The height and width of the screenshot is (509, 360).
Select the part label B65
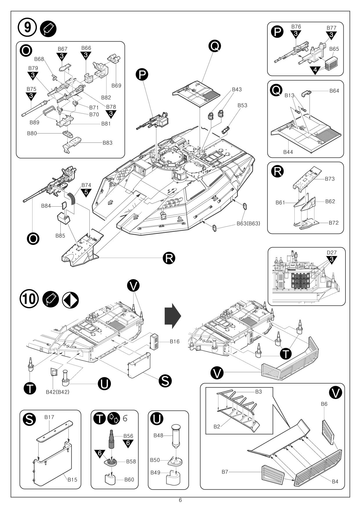pyautogui.click(x=334, y=49)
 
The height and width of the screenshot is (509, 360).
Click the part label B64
pyautogui.click(x=334, y=91)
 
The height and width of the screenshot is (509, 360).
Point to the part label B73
pyautogui.click(x=330, y=179)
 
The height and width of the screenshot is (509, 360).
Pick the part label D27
pyautogui.click(x=331, y=253)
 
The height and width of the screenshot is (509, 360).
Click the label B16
pyautogui.click(x=175, y=342)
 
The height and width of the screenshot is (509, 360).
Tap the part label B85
pyautogui.click(x=60, y=236)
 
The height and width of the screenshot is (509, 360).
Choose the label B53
pyautogui.click(x=242, y=105)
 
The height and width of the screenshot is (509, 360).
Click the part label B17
pyautogui.click(x=49, y=417)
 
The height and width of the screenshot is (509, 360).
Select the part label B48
pyautogui.click(x=159, y=435)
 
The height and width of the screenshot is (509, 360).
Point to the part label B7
pyautogui.click(x=225, y=472)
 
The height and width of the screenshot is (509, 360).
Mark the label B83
pyautogui.click(x=107, y=143)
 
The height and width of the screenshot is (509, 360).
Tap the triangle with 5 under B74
pyautogui.click(x=86, y=192)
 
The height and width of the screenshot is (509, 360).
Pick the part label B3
pyautogui.click(x=258, y=392)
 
